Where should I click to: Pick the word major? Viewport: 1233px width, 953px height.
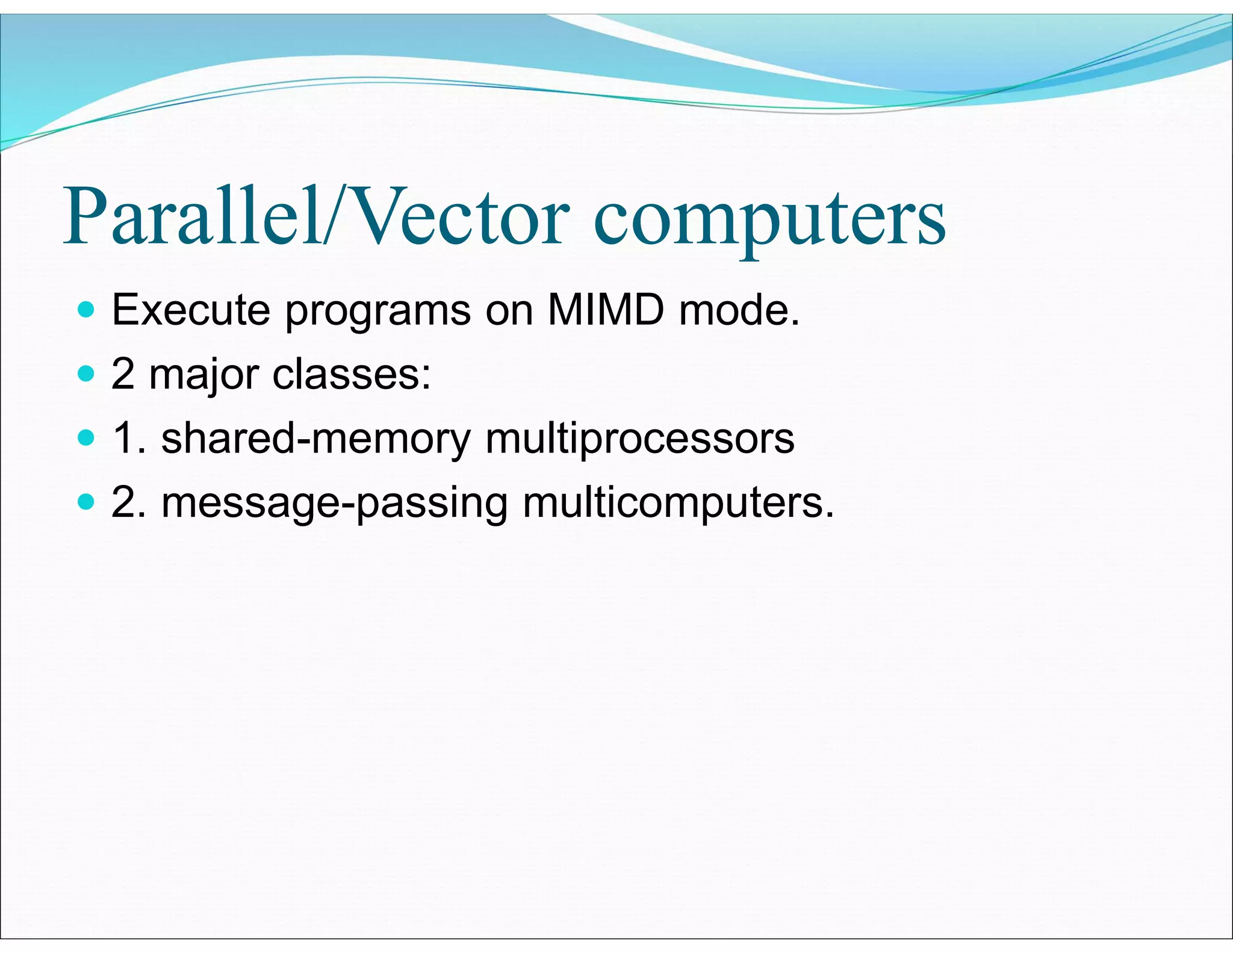pos(203,375)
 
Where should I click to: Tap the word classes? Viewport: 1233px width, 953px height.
pos(352,374)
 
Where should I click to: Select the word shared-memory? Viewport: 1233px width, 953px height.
pos(316,439)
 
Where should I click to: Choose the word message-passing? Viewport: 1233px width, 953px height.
pos(335,504)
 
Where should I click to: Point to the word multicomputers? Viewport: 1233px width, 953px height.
pos(678,504)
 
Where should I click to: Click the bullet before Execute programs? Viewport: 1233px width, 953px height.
pos(87,310)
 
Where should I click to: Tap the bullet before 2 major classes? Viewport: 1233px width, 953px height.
pos(87,374)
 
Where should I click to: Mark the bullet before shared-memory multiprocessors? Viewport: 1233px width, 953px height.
pos(87,438)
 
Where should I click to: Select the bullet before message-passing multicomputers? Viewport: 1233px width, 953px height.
pos(87,502)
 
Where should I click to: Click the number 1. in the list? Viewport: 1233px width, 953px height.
pos(129,438)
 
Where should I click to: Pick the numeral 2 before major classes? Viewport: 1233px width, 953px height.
pos(123,374)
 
